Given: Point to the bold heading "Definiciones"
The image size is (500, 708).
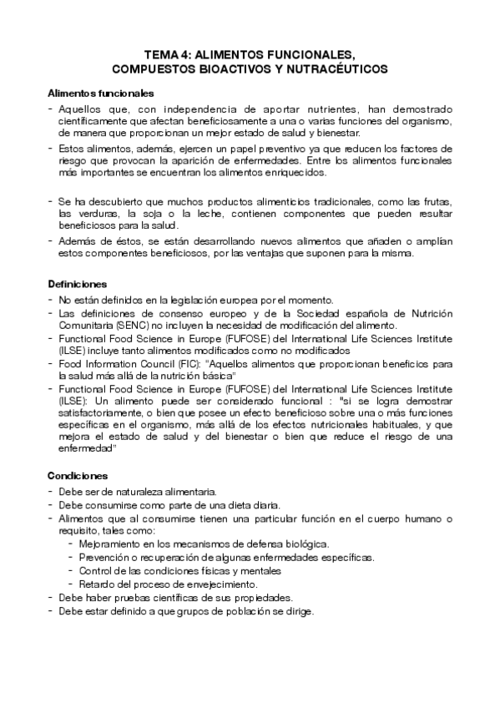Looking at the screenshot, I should pos(77,284).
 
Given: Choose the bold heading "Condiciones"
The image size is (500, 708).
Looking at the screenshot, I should pos(77,475).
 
